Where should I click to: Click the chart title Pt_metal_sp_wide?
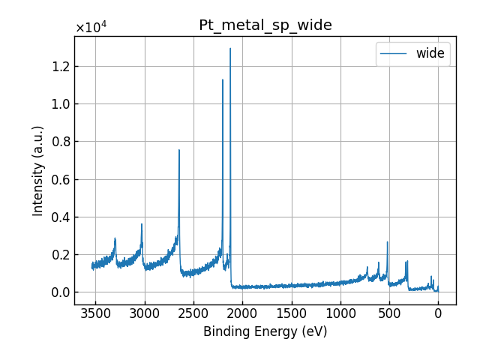pyautogui.click(x=265, y=25)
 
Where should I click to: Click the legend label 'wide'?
pyautogui.click(x=430, y=53)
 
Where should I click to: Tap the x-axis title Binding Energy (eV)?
pyautogui.click(x=265, y=331)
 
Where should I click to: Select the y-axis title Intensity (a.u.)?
pyautogui.click(x=38, y=170)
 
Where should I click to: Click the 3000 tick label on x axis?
pyautogui.click(x=145, y=313)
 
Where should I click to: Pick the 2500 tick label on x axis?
pyautogui.click(x=193, y=313)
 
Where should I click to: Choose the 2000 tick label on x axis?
pyautogui.click(x=242, y=313)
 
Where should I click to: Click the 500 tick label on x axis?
pyautogui.click(x=389, y=313)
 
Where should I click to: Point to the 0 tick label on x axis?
pyautogui.click(x=438, y=313)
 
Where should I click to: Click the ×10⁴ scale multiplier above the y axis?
pyautogui.click(x=91, y=28)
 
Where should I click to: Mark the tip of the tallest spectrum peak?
pyautogui.click(x=230, y=49)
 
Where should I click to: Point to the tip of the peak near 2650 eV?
pyautogui.click(x=178, y=149)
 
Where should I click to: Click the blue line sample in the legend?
pyautogui.click(x=396, y=53)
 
